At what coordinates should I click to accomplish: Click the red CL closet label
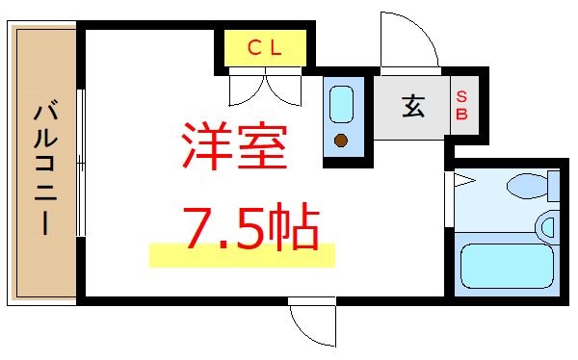263,46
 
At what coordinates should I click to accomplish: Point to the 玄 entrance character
412,106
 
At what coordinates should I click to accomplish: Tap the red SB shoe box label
461,106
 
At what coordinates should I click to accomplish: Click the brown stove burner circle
340,141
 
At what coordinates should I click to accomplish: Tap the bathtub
505,265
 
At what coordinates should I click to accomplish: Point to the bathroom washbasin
549,227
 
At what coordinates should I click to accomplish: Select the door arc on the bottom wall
313,324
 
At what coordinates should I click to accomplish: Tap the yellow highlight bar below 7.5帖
241,255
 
